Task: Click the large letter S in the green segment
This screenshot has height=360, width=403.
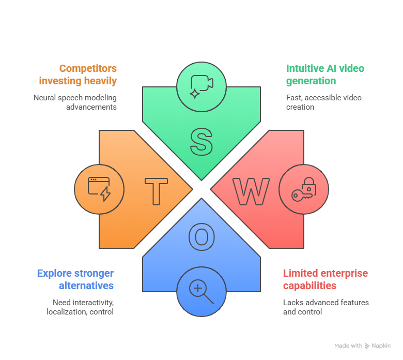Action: pos(201,141)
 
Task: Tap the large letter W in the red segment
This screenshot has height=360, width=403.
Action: pos(251,191)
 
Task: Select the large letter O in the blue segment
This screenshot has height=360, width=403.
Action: pos(201,236)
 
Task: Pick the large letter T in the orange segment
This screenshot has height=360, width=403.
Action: pos(156,191)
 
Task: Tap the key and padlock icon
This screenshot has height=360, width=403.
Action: pos(303,189)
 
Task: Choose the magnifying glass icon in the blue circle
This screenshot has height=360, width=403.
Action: pos(201,291)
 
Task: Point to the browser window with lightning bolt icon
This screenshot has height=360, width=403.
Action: pos(99,189)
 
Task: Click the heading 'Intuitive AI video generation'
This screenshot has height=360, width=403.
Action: pos(325,74)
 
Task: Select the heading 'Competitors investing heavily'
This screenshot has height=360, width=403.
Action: pos(78,74)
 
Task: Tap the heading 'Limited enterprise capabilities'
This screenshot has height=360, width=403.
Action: pos(326,279)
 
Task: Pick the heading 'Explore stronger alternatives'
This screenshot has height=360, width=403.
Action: pos(75,279)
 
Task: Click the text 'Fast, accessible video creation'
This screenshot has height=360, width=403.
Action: pos(323,102)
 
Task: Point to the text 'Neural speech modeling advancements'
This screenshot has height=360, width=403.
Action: pos(75,102)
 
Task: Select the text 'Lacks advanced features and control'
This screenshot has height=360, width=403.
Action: pos(326,307)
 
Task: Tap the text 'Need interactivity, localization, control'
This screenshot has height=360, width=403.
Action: pos(80,307)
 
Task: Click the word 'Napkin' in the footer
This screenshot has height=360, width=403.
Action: pos(381,346)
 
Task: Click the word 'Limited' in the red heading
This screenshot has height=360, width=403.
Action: pos(299,273)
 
